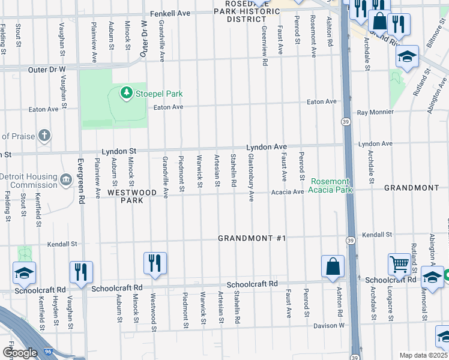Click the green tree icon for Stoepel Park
coord(126,92)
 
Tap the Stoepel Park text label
coord(158,94)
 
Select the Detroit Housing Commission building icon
coord(67,178)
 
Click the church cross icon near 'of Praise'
coord(44,135)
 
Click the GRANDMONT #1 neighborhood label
coord(252,238)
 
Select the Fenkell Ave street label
coord(170,13)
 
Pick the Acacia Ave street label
coord(287,192)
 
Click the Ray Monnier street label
coord(375,112)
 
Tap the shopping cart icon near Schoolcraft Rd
coord(399,263)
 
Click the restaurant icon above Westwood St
coord(155,263)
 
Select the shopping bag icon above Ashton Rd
coord(333,265)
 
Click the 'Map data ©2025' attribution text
coord(423,355)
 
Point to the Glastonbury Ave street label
coord(252,177)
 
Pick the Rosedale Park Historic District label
coord(238,11)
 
